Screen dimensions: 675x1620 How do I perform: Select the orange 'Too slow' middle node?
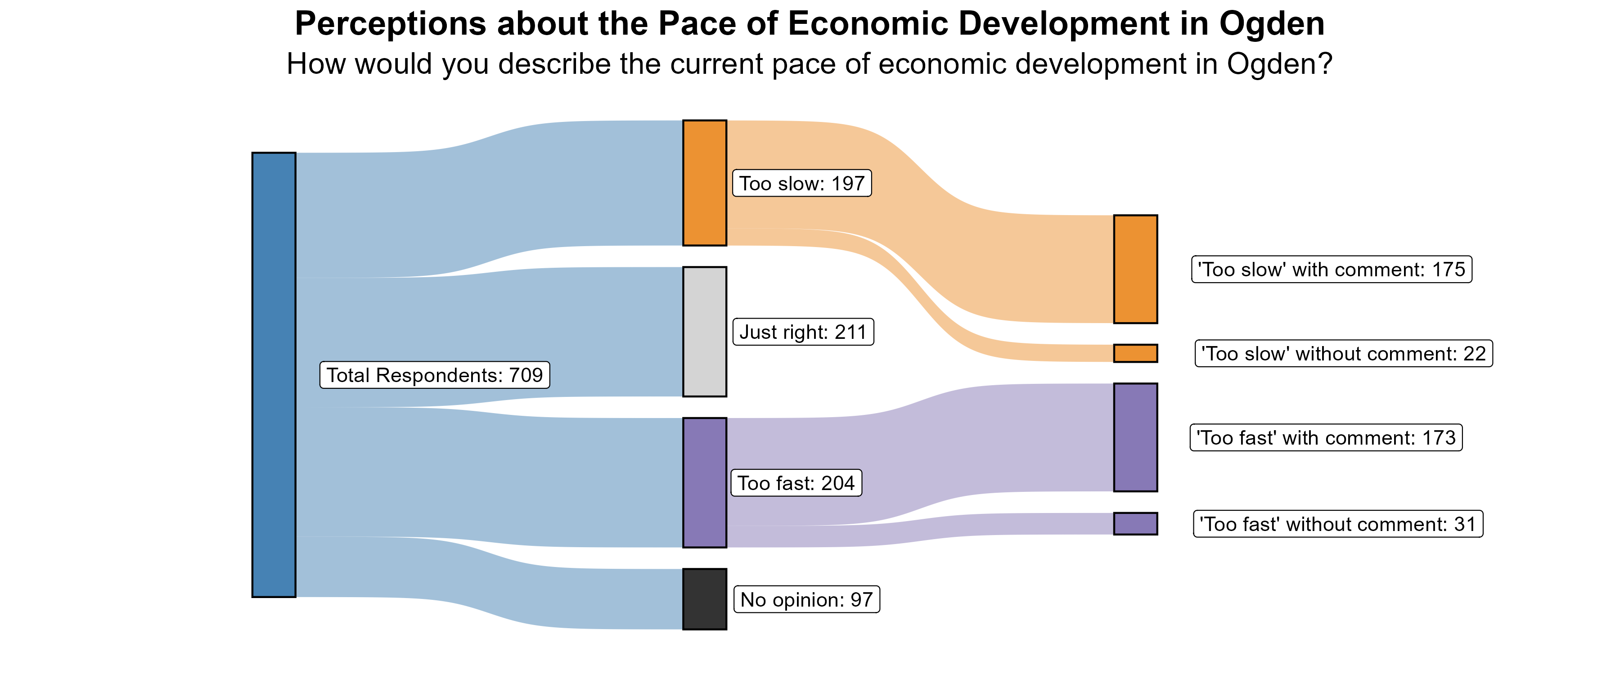704,182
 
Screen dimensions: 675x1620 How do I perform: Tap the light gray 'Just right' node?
704,332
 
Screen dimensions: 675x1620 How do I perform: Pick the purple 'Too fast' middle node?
704,482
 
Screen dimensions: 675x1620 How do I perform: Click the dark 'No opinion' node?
704,599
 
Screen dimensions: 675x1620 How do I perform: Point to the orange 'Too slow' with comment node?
1135,269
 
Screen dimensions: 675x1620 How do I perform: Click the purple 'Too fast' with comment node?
1135,437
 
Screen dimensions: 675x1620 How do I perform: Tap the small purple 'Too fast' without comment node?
1135,523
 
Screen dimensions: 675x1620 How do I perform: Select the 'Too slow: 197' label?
802,183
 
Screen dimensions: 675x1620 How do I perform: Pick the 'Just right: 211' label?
803,332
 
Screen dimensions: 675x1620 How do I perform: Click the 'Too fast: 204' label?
796,483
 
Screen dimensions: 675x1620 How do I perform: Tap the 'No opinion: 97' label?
807,599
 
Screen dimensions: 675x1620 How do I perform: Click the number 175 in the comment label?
1448,269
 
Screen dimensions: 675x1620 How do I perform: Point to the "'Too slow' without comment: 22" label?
1343,354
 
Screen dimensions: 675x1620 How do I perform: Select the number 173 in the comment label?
1439,438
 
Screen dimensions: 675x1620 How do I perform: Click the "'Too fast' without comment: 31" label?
1338,524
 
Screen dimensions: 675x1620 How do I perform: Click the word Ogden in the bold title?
1272,24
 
